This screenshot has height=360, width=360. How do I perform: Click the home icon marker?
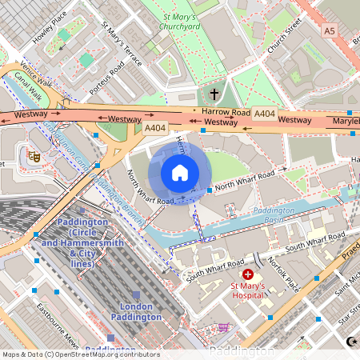click(x=180, y=173)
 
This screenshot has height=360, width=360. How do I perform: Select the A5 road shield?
click(x=330, y=30)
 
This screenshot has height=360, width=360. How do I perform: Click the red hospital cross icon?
click(x=248, y=274)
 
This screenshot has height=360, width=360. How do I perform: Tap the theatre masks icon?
click(x=34, y=156)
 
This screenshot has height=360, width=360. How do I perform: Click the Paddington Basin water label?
click(x=274, y=211)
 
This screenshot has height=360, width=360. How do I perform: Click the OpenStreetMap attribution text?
click(x=80, y=354)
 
